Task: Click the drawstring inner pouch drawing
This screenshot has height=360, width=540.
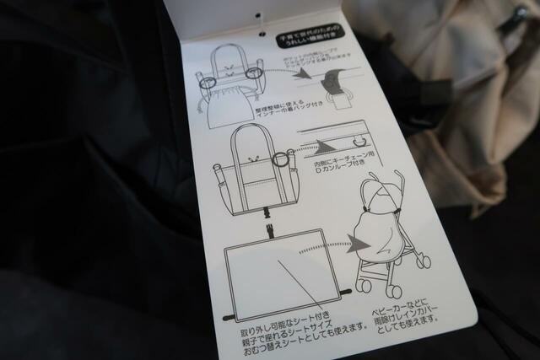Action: click(x=225, y=83)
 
